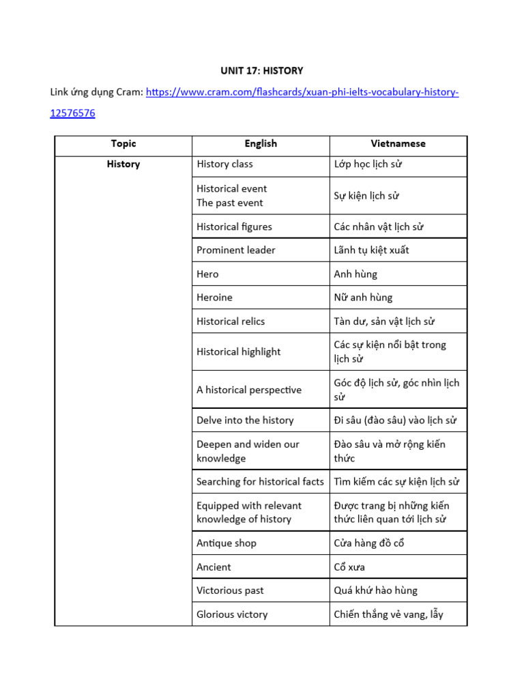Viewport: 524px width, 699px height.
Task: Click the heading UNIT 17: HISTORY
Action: (262, 70)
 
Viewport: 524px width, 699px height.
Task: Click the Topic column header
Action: (123, 143)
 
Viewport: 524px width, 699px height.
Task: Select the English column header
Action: (261, 143)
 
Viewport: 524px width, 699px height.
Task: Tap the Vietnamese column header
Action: (398, 143)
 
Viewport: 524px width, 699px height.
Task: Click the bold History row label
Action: (123, 164)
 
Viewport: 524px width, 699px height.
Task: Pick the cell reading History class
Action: (224, 164)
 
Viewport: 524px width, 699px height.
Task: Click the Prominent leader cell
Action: (236, 250)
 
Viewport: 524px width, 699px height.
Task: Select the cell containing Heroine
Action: (214, 298)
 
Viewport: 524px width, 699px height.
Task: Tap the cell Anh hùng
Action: (355, 274)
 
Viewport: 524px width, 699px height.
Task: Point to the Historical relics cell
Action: (231, 321)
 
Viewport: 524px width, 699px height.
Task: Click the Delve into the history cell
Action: (245, 420)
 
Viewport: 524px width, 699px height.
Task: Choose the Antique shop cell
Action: (227, 543)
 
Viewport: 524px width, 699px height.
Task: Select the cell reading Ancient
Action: (214, 567)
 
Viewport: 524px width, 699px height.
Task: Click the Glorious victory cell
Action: (232, 614)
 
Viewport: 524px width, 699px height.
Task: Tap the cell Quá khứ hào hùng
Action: (375, 590)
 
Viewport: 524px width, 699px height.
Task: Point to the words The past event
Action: (229, 203)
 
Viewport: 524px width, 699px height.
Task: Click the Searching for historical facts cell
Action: (260, 482)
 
